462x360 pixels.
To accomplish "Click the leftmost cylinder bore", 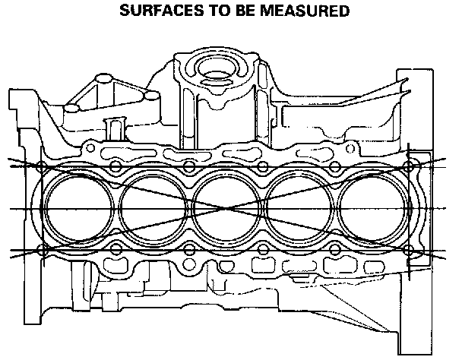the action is pos(74,207).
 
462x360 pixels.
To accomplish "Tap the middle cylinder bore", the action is pos(226,207).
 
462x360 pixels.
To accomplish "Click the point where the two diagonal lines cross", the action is pos(226,207).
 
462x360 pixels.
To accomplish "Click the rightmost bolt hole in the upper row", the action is pos(411,166).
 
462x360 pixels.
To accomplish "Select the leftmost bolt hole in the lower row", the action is pos(41,250).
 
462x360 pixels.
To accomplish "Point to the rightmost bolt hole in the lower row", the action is pos(411,250).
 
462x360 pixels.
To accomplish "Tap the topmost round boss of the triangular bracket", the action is pos(102,78).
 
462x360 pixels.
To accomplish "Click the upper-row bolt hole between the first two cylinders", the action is pos(114,166).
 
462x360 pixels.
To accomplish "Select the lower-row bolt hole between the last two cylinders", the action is pos(337,250).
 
